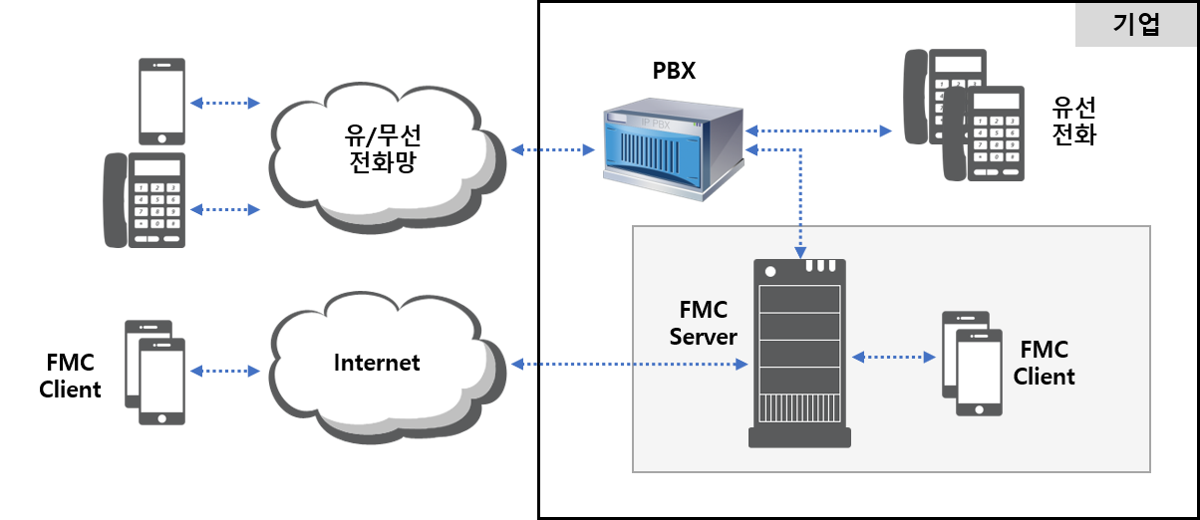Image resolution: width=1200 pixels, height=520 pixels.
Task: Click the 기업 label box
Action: coord(1135,25)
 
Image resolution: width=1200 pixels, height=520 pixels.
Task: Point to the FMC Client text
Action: coord(1044,364)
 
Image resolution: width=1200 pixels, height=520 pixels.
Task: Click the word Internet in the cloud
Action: coord(377,363)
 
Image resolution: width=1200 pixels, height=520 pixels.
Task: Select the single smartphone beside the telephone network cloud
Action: coord(161,102)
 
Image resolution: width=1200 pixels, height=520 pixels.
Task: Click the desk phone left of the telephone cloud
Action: coord(146,199)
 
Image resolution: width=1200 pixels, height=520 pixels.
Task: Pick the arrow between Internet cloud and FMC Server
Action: coord(629,365)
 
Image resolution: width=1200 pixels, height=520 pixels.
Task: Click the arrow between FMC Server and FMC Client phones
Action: coord(894,356)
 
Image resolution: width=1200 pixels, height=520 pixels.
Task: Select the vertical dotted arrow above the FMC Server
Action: coord(800,199)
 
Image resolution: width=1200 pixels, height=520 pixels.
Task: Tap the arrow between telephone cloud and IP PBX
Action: coord(552,150)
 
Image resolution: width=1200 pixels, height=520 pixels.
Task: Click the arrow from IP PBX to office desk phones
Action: coord(818,130)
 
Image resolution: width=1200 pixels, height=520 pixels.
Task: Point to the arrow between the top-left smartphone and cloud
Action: coord(224,103)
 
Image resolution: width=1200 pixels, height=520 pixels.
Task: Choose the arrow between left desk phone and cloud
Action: coord(224,209)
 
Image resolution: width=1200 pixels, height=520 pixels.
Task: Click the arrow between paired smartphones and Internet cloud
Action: coord(224,371)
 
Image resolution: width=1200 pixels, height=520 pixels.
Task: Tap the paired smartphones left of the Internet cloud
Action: coord(155,372)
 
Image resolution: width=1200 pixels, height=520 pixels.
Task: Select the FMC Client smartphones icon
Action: coord(972,364)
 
